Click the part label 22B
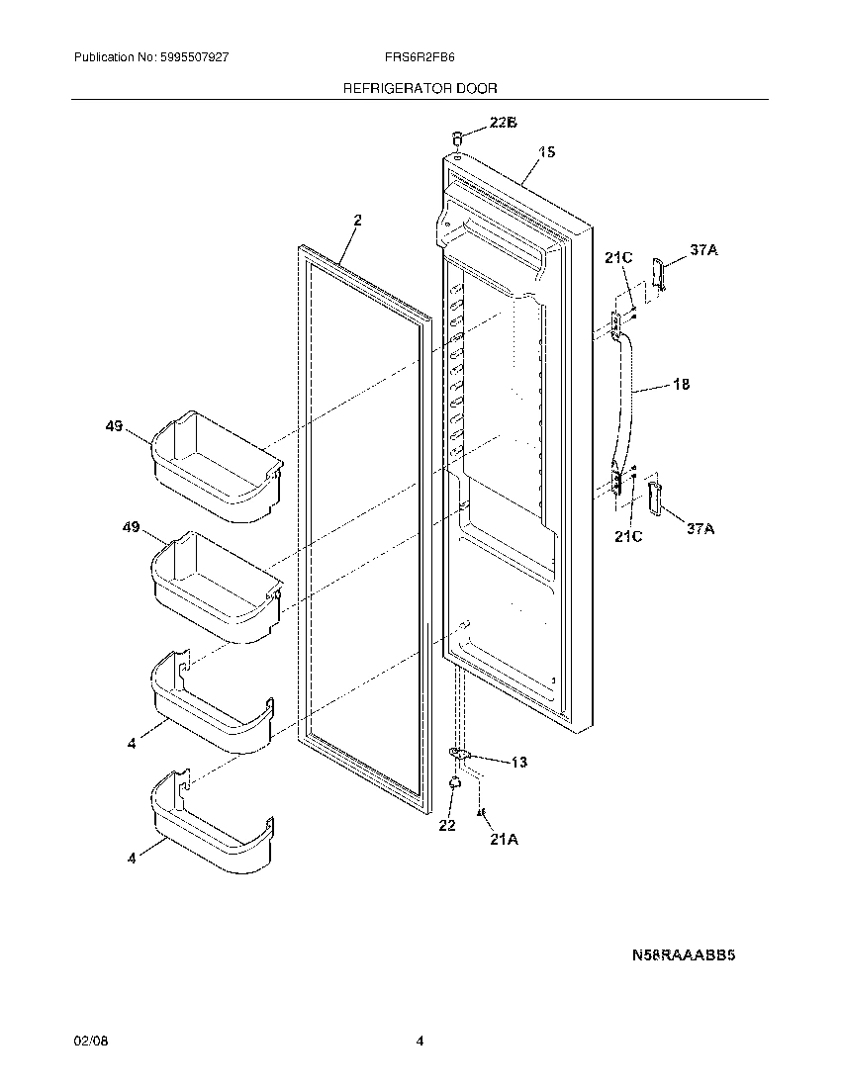504,123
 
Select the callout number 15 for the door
546,152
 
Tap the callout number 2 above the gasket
357,221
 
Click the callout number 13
519,762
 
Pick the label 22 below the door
447,825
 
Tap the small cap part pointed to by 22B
458,137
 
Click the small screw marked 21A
482,813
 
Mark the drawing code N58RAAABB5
686,956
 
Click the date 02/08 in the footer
87,1042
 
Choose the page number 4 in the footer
420,1042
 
